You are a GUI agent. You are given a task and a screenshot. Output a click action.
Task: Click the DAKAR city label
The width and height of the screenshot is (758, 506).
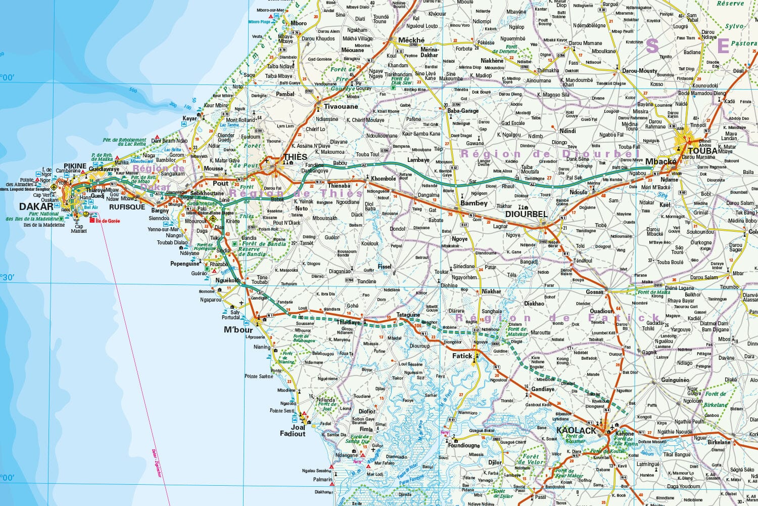coord(36,206)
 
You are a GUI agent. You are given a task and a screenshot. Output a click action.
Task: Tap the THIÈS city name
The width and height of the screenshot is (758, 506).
coord(295,157)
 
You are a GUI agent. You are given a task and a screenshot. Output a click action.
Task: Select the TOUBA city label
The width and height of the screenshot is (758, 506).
coord(702,151)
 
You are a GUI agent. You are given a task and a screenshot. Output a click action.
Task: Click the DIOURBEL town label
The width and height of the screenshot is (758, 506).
coord(527,214)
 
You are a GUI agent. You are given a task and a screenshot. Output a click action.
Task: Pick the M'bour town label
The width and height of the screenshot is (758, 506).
coord(238,330)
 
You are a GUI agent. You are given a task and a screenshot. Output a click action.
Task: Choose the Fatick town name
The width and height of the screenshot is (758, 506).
coord(462,356)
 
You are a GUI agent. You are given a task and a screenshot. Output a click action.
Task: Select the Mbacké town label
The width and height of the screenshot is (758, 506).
coord(660,161)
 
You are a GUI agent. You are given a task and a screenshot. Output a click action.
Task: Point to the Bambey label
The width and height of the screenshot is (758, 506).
coord(474,203)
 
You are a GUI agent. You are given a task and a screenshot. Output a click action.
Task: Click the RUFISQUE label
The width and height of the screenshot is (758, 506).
coord(127,207)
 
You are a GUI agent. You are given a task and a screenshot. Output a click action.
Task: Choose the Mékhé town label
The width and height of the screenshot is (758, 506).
coord(411,40)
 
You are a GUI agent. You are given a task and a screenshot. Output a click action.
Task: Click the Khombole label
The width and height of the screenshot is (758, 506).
coord(383,179)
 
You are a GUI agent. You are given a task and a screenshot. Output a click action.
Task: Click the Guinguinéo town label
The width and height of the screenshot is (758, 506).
coord(675,380)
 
